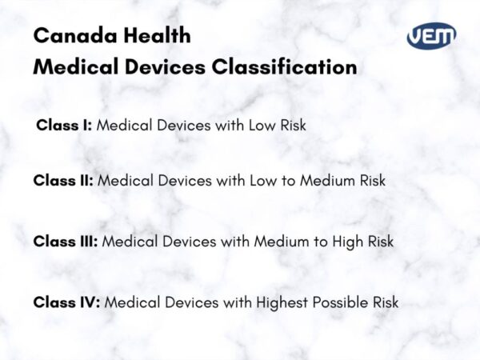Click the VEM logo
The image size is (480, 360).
(x=432, y=37)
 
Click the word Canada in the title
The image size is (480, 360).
(x=70, y=36)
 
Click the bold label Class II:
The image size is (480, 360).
(x=63, y=181)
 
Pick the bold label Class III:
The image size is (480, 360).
(x=66, y=241)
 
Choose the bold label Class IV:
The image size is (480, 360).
(x=66, y=302)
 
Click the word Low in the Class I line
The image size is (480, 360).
(x=257, y=126)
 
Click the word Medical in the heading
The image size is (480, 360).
(x=73, y=67)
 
